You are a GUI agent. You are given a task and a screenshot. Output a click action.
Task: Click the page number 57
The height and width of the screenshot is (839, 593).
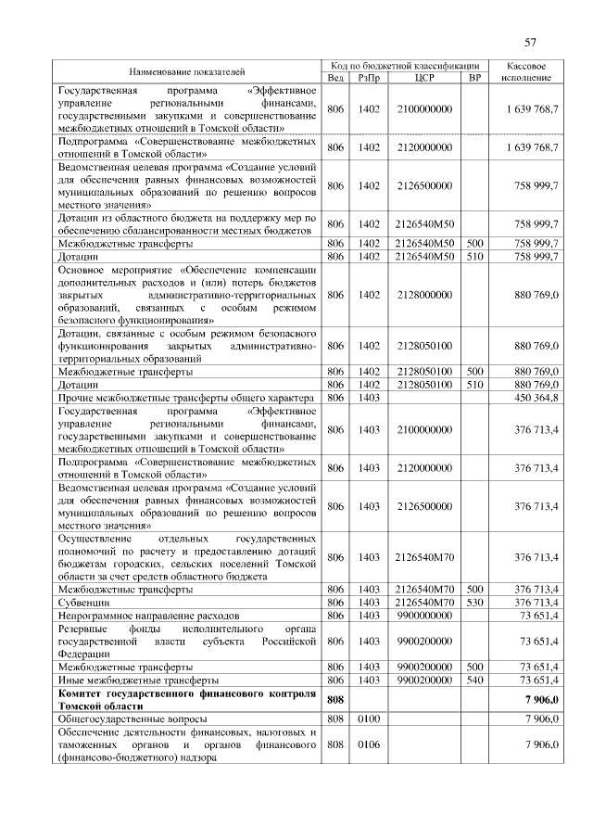coord(531,42)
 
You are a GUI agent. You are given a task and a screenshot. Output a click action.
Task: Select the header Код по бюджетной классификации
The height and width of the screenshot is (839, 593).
coord(405,65)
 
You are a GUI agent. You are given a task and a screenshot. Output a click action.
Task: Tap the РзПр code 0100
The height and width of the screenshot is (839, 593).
coord(369,718)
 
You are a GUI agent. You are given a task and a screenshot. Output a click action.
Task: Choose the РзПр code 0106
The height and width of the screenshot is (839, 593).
coord(369,744)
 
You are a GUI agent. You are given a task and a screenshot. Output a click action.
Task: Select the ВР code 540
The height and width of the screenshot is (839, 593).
coord(474,680)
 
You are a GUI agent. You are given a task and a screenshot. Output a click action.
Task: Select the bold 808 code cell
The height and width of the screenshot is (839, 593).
coord(335,699)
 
